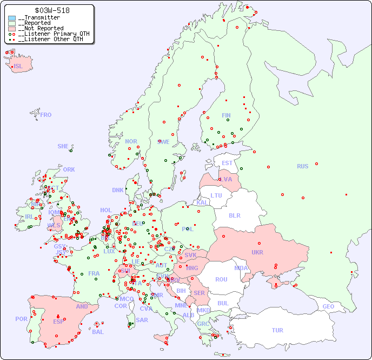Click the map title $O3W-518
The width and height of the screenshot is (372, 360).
(52, 10)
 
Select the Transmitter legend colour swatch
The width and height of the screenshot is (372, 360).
(12, 18)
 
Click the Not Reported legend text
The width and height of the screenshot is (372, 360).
(41, 28)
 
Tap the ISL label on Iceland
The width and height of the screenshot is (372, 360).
(18, 67)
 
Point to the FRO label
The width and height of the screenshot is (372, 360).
(46, 115)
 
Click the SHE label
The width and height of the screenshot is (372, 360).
(63, 146)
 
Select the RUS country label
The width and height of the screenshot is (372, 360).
(302, 166)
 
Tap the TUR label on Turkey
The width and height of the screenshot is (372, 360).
(277, 330)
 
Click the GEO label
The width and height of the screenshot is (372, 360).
(328, 306)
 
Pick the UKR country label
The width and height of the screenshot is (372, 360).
(257, 252)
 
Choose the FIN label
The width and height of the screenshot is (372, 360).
(226, 115)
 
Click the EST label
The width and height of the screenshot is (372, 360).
(227, 163)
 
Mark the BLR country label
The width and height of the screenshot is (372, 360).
(234, 215)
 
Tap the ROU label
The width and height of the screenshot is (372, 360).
(221, 279)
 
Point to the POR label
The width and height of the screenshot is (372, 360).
(21, 319)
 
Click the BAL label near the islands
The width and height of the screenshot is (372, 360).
(97, 332)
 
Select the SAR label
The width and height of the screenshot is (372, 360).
(142, 320)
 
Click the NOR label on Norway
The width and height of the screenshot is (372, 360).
(131, 141)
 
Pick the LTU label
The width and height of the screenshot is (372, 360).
(216, 195)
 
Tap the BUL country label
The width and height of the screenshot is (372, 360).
(223, 303)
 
